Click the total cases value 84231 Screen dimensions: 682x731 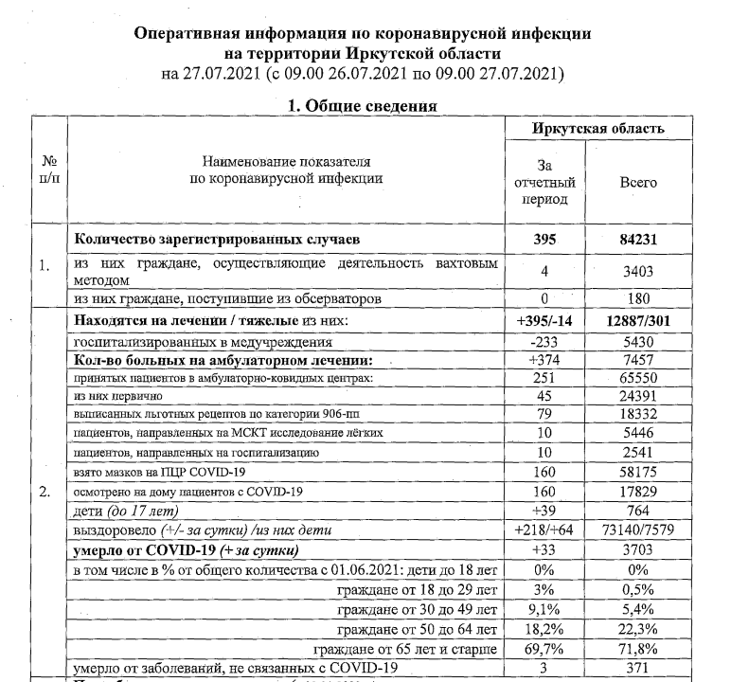click(637, 240)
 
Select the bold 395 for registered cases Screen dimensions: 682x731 click(544, 240)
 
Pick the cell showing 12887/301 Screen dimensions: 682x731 click(637, 321)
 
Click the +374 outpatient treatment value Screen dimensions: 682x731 click(544, 360)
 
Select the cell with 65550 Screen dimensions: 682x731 click(637, 379)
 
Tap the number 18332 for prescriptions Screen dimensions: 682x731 click(637, 416)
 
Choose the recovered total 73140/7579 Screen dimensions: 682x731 click(637, 530)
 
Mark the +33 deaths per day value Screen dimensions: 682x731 click(544, 550)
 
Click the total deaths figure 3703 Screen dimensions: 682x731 click(637, 550)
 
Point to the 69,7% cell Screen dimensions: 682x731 click(544, 649)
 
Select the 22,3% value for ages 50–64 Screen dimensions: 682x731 click(637, 629)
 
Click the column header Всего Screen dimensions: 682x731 click(637, 182)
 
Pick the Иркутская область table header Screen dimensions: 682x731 click(597, 128)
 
